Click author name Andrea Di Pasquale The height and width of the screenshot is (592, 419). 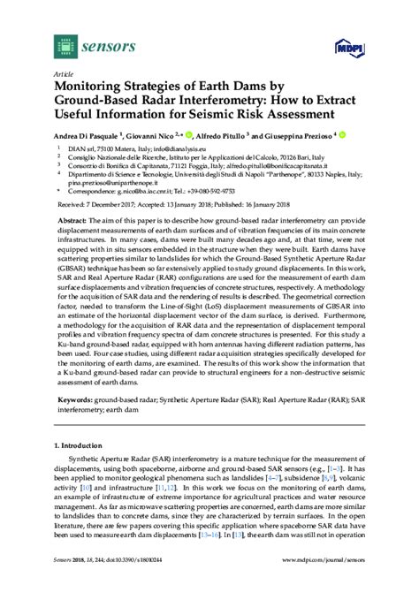pyautogui.click(x=91, y=139)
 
